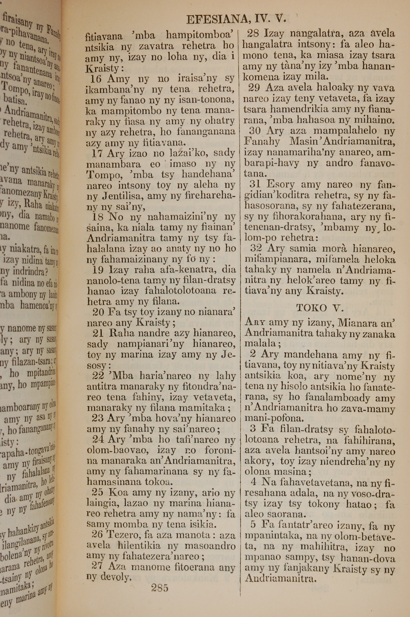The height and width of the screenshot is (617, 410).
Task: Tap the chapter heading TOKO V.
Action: (x=320, y=308)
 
